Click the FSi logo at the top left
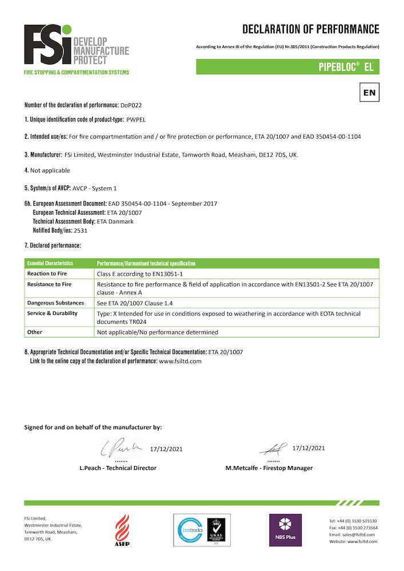point(77,49)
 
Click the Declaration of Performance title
point(310,29)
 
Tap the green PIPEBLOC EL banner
point(287,67)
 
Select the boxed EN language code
point(369,92)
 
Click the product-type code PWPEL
point(137,121)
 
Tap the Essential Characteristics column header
point(50,264)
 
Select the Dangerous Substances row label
point(55,303)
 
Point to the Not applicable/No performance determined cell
point(158,332)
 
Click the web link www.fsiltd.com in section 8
point(180,361)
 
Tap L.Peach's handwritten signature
point(122,448)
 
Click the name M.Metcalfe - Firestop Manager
point(269,468)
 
